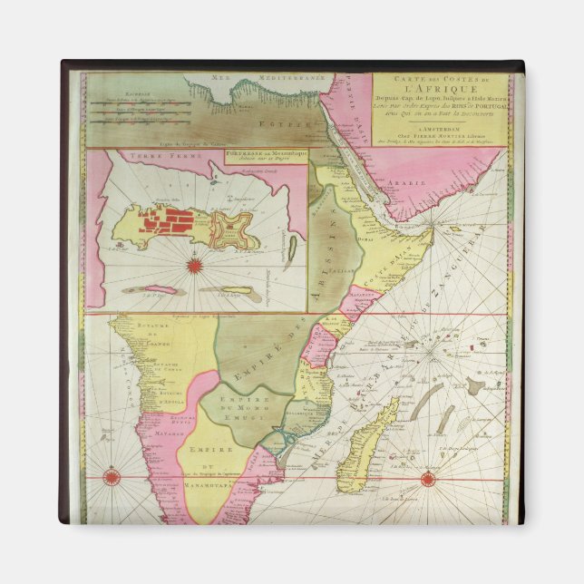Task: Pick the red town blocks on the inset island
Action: [x=177, y=221]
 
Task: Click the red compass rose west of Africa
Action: [x=112, y=476]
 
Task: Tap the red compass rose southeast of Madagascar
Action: [x=426, y=478]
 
